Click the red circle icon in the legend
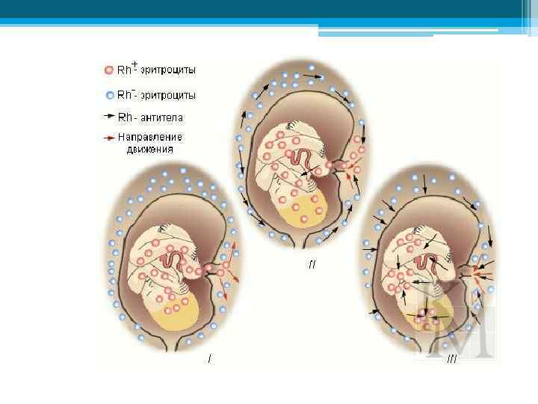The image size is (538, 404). [x=109, y=70]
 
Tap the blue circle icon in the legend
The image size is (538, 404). [x=109, y=95]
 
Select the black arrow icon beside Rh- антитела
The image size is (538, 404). [x=109, y=117]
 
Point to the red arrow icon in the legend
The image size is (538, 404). [x=109, y=138]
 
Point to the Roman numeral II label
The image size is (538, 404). [x=312, y=265]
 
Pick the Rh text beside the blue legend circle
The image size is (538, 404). [x=126, y=95]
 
